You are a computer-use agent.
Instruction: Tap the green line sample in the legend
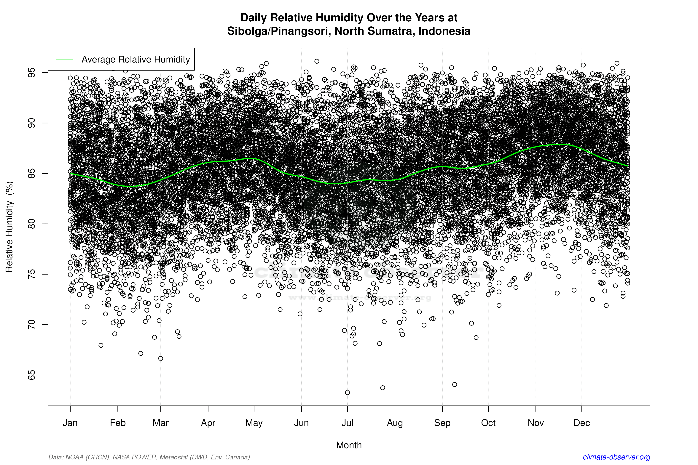tap(65, 59)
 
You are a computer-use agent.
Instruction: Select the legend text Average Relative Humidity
tap(136, 59)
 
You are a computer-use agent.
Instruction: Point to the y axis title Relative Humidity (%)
tap(9, 227)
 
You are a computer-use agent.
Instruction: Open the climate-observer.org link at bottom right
tap(616, 457)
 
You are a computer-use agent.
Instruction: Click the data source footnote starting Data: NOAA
tap(149, 457)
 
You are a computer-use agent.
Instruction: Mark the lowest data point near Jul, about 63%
tap(347, 393)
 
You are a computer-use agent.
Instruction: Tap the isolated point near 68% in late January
tap(101, 345)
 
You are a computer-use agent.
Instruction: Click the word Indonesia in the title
tap(444, 31)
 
